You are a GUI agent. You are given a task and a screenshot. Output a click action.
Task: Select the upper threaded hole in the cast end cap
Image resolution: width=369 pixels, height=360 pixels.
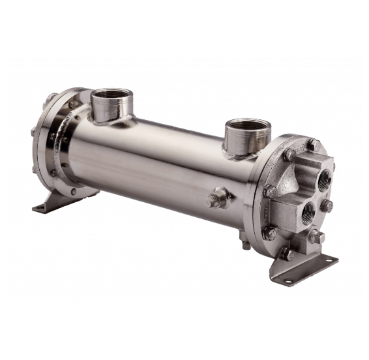click(x=323, y=177)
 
